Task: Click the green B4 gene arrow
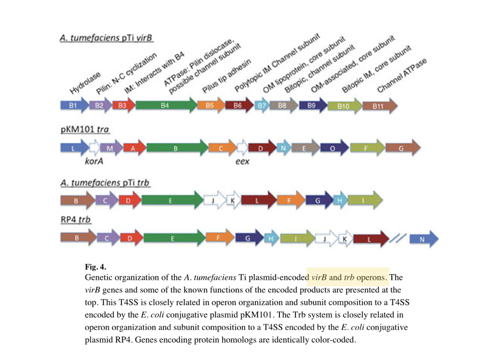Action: click(x=166, y=105)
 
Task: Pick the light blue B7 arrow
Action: click(x=262, y=105)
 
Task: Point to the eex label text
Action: click(x=242, y=162)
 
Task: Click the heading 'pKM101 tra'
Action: click(x=85, y=130)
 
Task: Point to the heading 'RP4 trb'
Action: click(x=76, y=220)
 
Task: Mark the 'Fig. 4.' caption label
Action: click(x=95, y=267)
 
